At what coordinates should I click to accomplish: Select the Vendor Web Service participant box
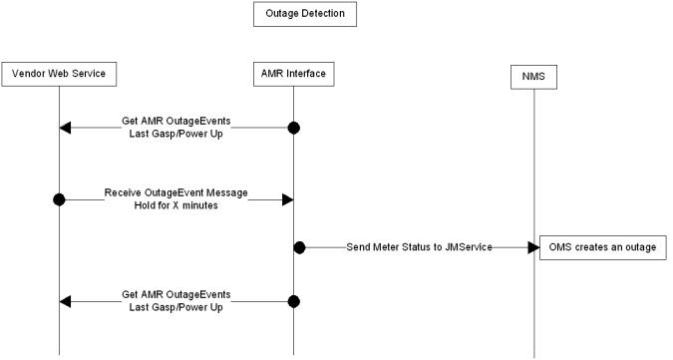(59, 73)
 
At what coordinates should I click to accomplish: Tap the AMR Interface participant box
(293, 73)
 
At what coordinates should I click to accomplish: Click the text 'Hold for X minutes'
(175, 206)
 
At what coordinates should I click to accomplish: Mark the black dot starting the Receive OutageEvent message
(59, 199)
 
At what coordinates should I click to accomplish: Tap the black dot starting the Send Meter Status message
(298, 245)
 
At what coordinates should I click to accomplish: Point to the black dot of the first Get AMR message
(293, 128)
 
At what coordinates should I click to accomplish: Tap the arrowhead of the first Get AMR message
(66, 128)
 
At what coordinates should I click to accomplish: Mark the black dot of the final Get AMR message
(293, 300)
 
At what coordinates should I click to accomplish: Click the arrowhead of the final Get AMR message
(66, 300)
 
